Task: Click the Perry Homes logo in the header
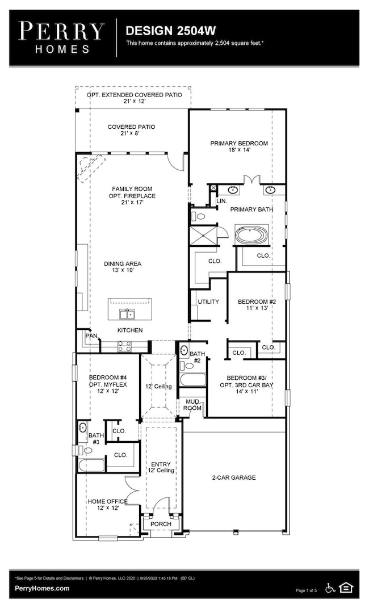point(61,37)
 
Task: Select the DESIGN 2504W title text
point(161,30)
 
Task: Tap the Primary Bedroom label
point(239,146)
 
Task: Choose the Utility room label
point(208,301)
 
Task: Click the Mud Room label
point(191,405)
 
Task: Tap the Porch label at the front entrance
point(161,523)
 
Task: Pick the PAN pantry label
point(91,336)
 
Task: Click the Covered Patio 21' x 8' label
point(132,130)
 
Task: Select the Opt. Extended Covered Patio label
point(134,98)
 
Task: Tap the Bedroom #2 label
point(257,305)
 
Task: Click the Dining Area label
point(123,267)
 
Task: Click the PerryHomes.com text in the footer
point(43,589)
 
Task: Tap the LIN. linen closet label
point(222,201)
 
